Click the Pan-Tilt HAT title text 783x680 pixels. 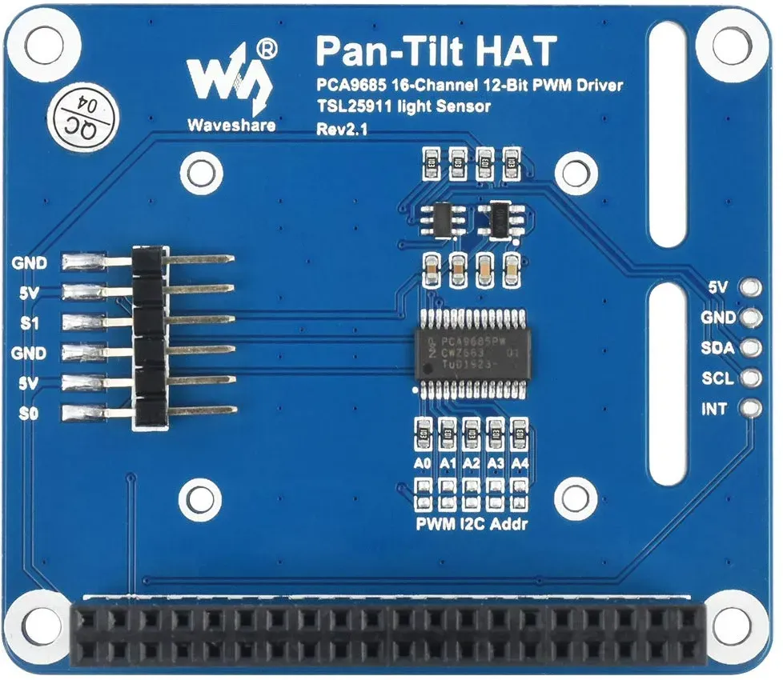(x=436, y=52)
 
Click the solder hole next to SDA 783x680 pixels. (x=750, y=349)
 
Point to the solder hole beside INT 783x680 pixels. (x=750, y=409)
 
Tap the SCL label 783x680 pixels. (x=717, y=378)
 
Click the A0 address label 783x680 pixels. (x=422, y=463)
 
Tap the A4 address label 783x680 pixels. (x=520, y=463)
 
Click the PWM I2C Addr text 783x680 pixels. (x=472, y=524)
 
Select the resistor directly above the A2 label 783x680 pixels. (x=472, y=434)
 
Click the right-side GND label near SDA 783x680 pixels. (x=717, y=318)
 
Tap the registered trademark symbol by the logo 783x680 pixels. (x=267, y=51)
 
